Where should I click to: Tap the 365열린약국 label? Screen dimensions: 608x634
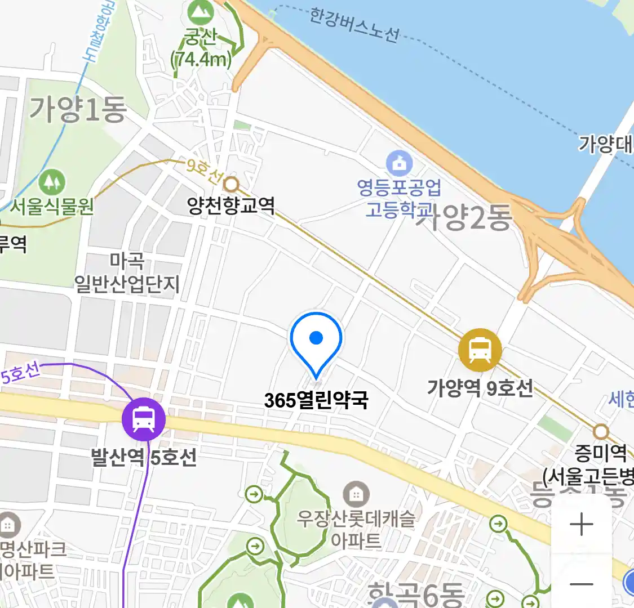coord(316,400)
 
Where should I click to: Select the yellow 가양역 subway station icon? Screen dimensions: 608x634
coord(480,350)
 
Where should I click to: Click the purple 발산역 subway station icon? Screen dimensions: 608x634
coord(144,419)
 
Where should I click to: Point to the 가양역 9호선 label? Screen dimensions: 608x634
coord(480,388)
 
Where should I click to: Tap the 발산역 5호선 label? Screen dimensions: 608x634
coord(144,457)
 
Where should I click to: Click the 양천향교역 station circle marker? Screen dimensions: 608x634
coord(231,184)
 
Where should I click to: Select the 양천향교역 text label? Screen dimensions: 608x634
coord(231,205)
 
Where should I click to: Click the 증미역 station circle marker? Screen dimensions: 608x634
coord(601,432)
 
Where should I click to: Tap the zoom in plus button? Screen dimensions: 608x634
coord(581,525)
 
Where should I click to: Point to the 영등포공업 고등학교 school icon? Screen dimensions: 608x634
coord(399,164)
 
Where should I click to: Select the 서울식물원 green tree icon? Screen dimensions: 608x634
coord(52,181)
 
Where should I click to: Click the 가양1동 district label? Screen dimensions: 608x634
coord(77,109)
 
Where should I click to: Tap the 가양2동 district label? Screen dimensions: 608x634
coord(464,217)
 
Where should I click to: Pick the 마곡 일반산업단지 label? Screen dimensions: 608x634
coord(127,272)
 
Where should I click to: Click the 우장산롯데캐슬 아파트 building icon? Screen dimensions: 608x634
coord(356,495)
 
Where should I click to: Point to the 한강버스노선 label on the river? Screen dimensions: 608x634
coord(354,25)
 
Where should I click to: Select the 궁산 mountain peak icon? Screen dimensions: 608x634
coord(201,10)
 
